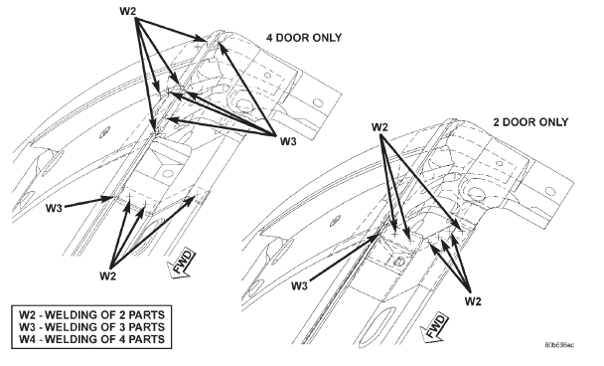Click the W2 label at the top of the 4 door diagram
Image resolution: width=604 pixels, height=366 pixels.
[128, 11]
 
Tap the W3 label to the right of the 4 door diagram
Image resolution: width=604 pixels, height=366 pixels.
[288, 141]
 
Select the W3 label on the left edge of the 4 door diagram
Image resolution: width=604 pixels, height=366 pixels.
[54, 208]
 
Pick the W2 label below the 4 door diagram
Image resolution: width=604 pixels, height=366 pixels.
[108, 275]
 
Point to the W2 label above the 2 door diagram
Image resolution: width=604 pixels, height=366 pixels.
[379, 127]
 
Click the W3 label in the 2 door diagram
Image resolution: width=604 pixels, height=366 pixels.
[300, 285]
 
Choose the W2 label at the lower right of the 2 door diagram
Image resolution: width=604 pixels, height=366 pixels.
[473, 300]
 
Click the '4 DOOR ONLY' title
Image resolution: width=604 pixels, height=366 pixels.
[304, 38]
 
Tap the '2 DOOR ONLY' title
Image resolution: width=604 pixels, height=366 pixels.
[530, 122]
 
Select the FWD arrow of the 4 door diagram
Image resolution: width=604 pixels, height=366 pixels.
[181, 264]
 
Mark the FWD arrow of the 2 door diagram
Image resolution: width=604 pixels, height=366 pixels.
[434, 328]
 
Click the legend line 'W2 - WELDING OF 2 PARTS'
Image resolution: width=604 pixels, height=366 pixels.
[92, 314]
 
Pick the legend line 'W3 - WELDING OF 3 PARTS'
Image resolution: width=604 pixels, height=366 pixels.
[92, 327]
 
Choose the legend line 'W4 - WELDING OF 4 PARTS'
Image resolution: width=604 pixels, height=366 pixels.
[92, 339]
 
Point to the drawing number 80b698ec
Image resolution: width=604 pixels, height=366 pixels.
[559, 345]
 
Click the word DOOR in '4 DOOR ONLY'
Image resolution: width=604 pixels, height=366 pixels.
[295, 38]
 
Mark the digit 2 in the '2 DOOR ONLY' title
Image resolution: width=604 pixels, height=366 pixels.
[497, 122]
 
